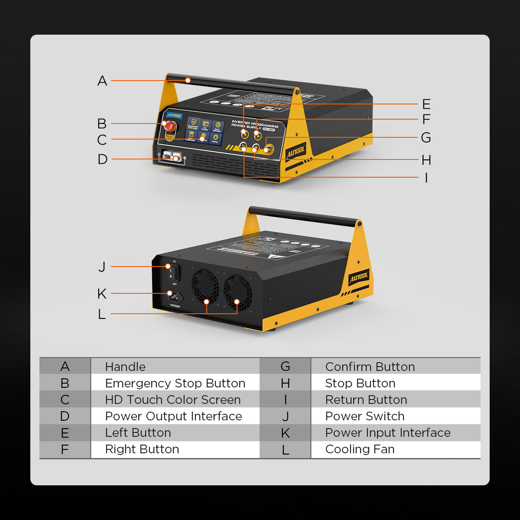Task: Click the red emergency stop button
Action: click(169, 126)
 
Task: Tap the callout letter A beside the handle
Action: click(102, 81)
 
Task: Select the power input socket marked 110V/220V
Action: click(175, 297)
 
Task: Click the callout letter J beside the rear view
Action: click(102, 266)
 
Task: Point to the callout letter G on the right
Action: click(426, 137)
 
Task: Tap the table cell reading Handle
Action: click(125, 367)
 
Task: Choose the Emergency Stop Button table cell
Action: click(175, 383)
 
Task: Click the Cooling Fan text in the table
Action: click(360, 449)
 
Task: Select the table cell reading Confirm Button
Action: click(370, 367)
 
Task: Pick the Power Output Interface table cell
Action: click(173, 416)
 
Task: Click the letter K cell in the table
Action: click(285, 433)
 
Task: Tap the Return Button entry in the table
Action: click(366, 400)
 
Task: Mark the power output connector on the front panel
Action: click(172, 157)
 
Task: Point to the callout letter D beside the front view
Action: click(102, 159)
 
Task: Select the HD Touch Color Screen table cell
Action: click(172, 400)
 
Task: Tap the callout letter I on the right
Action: click(426, 178)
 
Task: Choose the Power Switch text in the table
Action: click(364, 416)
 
